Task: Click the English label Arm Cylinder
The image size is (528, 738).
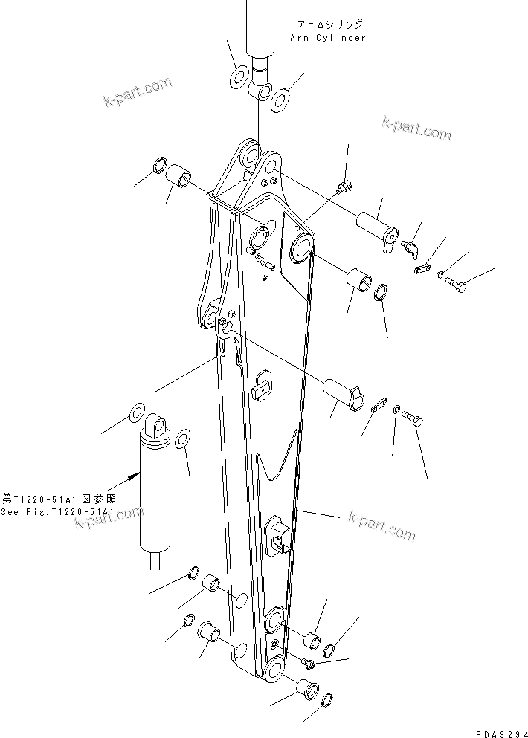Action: point(330,38)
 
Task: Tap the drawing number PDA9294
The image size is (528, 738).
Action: point(494,732)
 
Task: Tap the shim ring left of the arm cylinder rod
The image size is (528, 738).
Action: point(239,77)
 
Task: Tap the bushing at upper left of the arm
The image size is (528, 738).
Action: point(179,179)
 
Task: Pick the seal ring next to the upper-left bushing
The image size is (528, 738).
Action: point(159,164)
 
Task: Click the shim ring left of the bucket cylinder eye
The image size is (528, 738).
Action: point(137,412)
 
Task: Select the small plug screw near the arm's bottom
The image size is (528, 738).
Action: point(308,659)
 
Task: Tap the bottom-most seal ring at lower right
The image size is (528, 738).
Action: point(326,699)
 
